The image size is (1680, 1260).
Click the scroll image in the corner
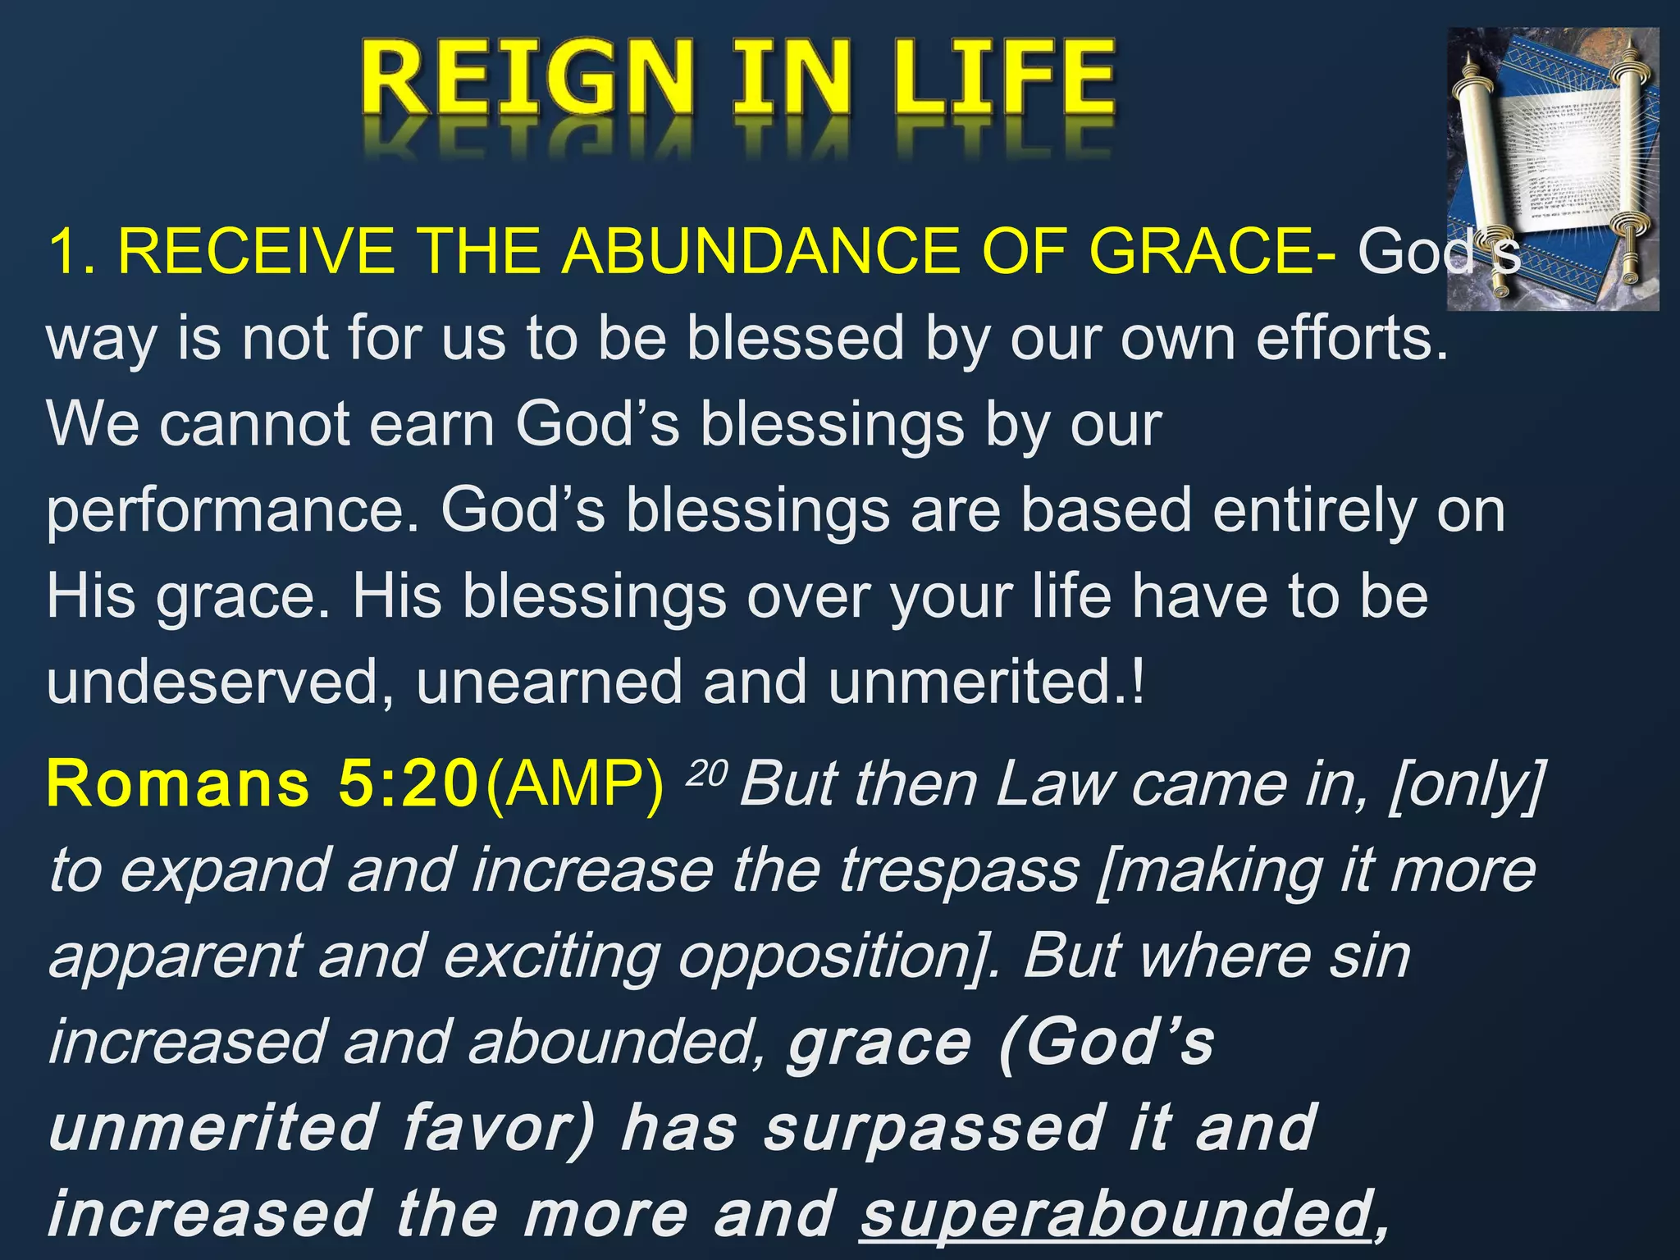[x=1552, y=168]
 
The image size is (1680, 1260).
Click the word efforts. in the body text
[x=1352, y=339]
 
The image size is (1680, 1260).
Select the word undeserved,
[x=221, y=682]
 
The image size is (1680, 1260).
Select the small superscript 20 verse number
[x=705, y=774]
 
